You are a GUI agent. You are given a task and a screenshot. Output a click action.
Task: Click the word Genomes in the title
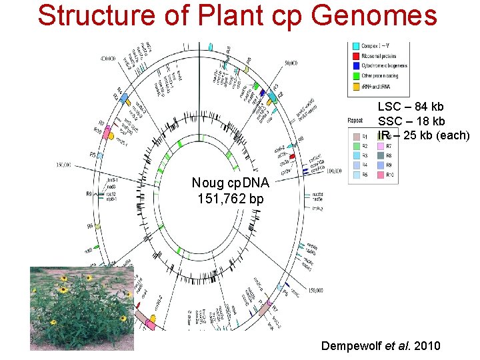point(375,16)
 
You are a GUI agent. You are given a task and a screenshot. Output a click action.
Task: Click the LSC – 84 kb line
point(411,107)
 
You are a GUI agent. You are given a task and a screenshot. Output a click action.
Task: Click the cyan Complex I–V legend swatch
point(356,45)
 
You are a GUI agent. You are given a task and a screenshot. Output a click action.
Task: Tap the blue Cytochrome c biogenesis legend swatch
point(356,65)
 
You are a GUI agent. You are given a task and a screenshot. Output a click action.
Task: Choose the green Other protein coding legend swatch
point(356,75)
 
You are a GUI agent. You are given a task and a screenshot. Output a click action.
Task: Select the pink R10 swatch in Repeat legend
point(381,175)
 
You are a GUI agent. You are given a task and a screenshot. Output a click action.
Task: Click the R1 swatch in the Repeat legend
point(356,137)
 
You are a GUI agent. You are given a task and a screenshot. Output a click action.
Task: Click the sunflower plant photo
point(81,307)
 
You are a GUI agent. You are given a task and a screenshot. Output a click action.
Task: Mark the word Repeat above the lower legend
point(355,121)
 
